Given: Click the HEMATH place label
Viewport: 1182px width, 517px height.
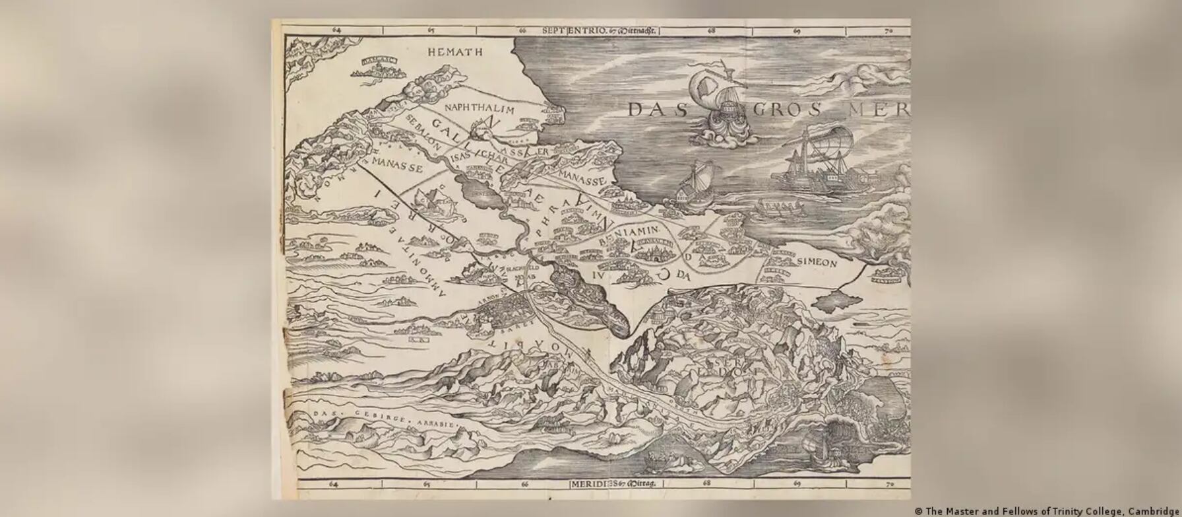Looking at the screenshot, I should pos(454,52).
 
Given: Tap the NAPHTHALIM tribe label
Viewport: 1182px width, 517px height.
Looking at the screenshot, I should pos(480,108).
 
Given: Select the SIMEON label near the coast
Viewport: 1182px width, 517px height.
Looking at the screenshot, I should pos(817,263).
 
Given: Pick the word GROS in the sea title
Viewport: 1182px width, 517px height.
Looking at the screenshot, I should pos(786,110).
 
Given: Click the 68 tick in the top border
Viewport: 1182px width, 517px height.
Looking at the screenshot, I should pos(711,30).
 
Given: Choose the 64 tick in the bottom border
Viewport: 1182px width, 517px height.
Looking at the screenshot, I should pos(333,484).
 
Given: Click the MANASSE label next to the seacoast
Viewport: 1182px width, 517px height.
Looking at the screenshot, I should pos(581,180).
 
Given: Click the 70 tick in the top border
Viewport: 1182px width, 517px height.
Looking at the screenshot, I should pos(888,30).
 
